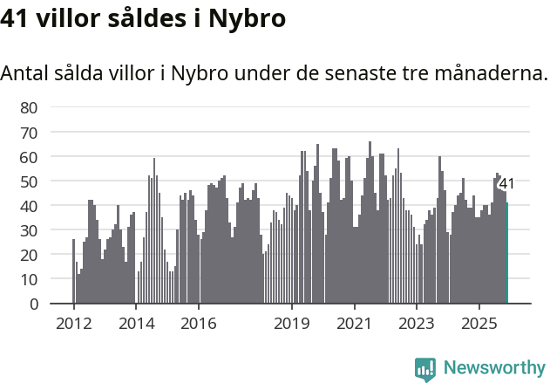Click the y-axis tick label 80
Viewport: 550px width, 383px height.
click(29, 107)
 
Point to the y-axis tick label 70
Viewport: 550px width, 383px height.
click(29, 133)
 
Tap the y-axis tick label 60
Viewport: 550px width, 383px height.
click(29, 157)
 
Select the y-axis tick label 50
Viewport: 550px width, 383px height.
click(29, 181)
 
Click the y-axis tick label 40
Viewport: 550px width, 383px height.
click(29, 206)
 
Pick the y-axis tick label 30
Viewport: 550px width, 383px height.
click(29, 230)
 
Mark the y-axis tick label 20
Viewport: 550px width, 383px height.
click(29, 255)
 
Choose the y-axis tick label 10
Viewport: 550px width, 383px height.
click(29, 279)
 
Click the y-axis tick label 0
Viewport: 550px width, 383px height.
click(33, 304)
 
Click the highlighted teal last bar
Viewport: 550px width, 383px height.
click(506, 254)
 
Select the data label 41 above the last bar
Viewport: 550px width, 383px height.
click(506, 183)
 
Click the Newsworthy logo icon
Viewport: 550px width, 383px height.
click(425, 368)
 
